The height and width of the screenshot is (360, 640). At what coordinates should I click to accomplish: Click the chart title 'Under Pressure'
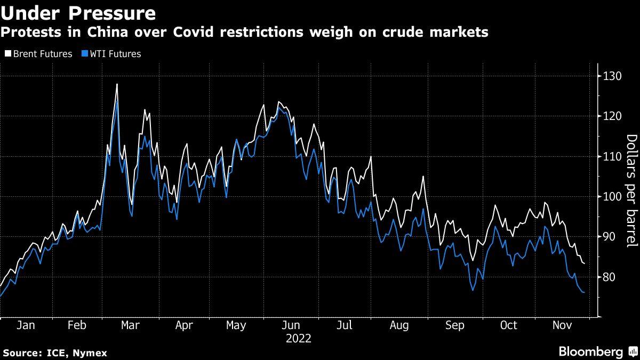[x=78, y=12]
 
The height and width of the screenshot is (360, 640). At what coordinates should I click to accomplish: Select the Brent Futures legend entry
[x=38, y=54]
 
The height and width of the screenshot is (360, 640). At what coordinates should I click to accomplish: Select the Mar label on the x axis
[x=130, y=325]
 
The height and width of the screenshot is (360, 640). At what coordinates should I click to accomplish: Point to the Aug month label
[x=399, y=325]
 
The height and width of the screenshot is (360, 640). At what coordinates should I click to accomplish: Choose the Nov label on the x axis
[x=562, y=325]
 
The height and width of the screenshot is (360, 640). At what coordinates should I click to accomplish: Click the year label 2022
[x=299, y=339]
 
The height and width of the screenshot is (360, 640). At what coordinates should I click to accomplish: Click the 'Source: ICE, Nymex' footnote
[x=55, y=353]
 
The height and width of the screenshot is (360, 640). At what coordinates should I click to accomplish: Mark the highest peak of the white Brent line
[x=117, y=84]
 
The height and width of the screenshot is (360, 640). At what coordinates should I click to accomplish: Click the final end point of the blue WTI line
[x=585, y=292]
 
